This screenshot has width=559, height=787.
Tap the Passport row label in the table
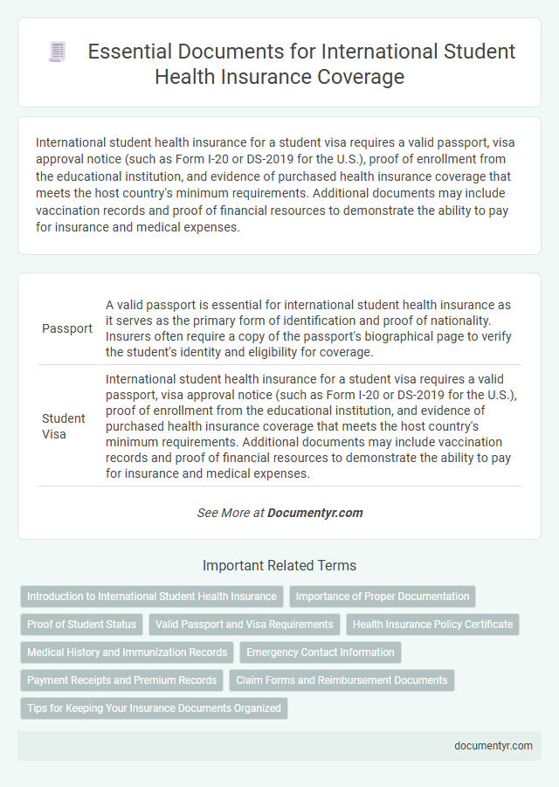click(67, 329)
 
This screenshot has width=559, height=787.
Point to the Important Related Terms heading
click(279, 565)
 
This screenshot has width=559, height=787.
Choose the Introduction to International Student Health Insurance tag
click(152, 597)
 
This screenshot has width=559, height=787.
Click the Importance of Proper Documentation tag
click(383, 597)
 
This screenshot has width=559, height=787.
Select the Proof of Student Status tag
click(82, 625)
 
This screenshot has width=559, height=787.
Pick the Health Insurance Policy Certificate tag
click(432, 625)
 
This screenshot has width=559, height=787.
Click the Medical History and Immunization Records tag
click(127, 652)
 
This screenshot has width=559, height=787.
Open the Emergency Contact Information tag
click(321, 652)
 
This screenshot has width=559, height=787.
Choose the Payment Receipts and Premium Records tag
click(121, 680)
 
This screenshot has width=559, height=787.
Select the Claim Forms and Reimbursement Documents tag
click(342, 680)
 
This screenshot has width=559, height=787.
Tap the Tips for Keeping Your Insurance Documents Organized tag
click(154, 708)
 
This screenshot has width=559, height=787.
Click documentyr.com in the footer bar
click(493, 746)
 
